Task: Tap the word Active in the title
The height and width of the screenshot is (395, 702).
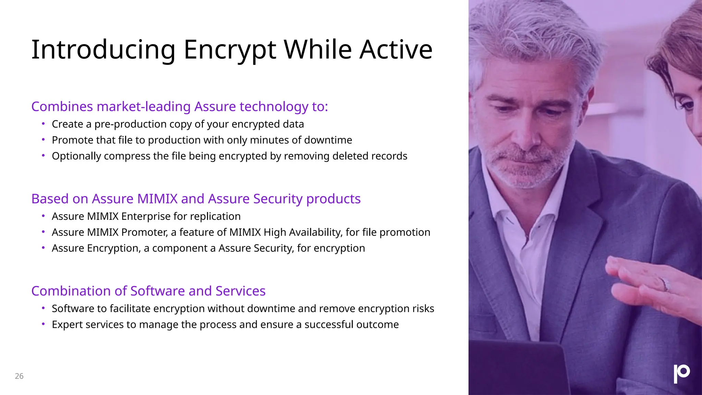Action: pos(396,50)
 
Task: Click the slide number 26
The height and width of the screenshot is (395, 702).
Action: pos(19,376)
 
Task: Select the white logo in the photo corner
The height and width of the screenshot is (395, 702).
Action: pos(681,373)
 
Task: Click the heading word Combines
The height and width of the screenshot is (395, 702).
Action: pos(62,107)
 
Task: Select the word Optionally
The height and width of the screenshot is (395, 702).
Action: pos(76,156)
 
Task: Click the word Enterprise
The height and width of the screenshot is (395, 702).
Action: pos(146,216)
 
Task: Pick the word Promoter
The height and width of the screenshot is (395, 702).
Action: pos(144,232)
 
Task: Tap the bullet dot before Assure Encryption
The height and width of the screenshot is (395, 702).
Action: pos(43,248)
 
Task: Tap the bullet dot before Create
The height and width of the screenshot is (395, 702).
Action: pos(43,123)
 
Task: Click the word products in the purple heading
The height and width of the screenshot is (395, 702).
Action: pos(333,199)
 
